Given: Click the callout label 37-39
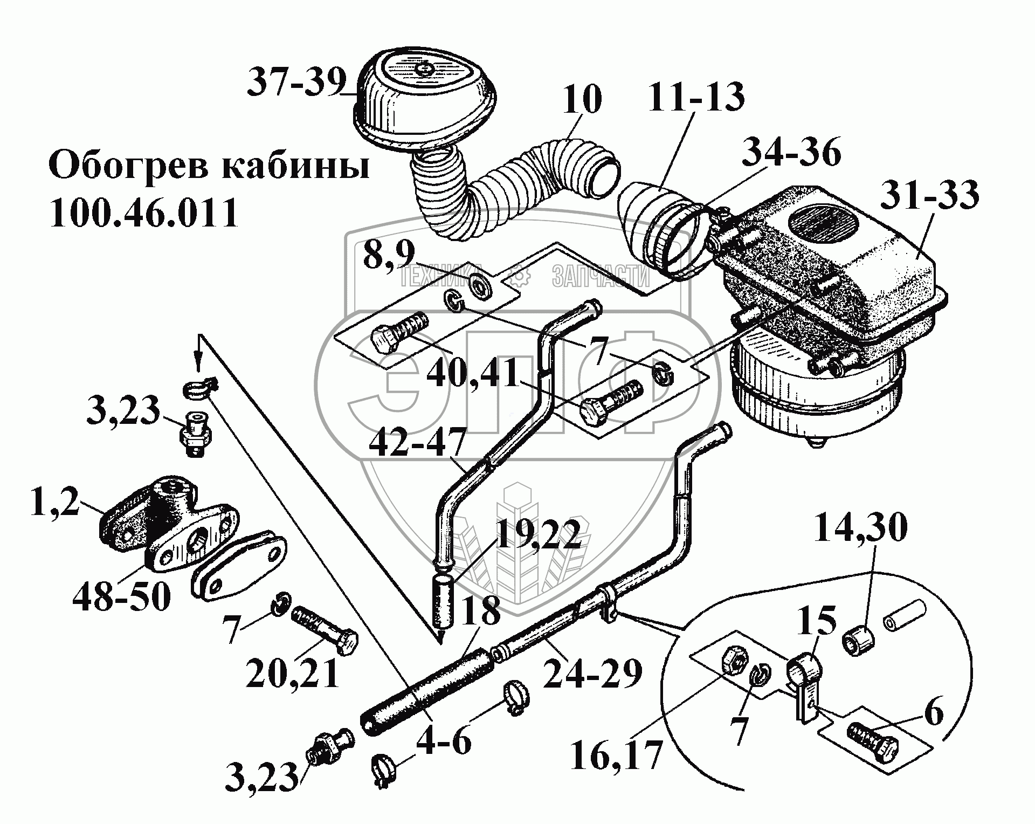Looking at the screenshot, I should pos(296,83).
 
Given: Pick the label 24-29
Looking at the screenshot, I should pos(592,672).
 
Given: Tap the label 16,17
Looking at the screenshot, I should pos(615,753).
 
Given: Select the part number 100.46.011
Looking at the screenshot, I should pos(143,214).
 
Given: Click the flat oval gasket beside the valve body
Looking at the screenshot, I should pos(239,573).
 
